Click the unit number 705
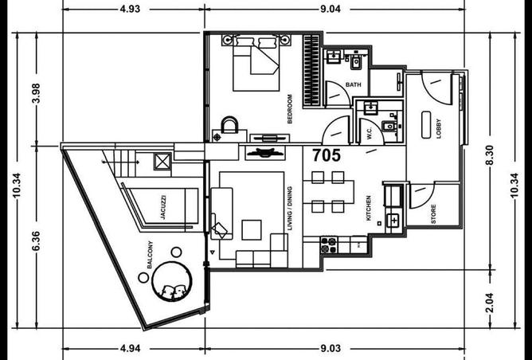point(327,155)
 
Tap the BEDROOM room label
point(289,108)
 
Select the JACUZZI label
point(162,207)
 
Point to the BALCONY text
point(150,255)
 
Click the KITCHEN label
point(369,208)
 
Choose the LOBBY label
point(438,128)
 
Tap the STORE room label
point(433,213)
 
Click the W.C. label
point(370,133)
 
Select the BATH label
point(353,84)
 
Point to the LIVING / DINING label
point(289,209)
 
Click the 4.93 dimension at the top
point(130,9)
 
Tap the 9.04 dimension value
point(331,9)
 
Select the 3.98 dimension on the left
point(36,93)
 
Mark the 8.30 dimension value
point(490,155)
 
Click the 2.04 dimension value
point(490,303)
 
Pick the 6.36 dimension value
point(36,241)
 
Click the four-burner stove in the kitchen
point(329,245)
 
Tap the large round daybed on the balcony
point(172,281)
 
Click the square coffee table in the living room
point(252,230)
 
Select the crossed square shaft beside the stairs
point(162,161)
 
